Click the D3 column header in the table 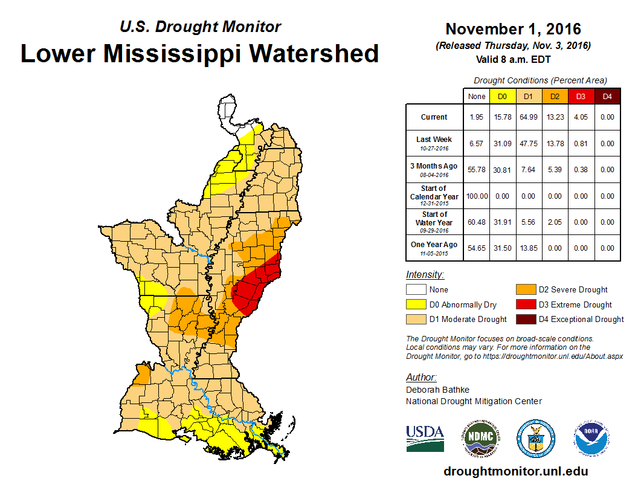(x=581, y=96)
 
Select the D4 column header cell (x=607, y=96)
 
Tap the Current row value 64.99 (x=528, y=117)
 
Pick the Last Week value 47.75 (x=528, y=144)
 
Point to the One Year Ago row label (x=434, y=247)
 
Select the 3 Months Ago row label (x=434, y=170)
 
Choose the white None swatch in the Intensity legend (x=416, y=290)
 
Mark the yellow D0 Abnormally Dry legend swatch (x=416, y=304)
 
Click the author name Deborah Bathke (x=437, y=390)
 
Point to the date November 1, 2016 (x=513, y=29)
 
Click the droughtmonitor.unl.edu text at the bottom (x=515, y=471)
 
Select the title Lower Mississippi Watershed (x=199, y=53)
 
